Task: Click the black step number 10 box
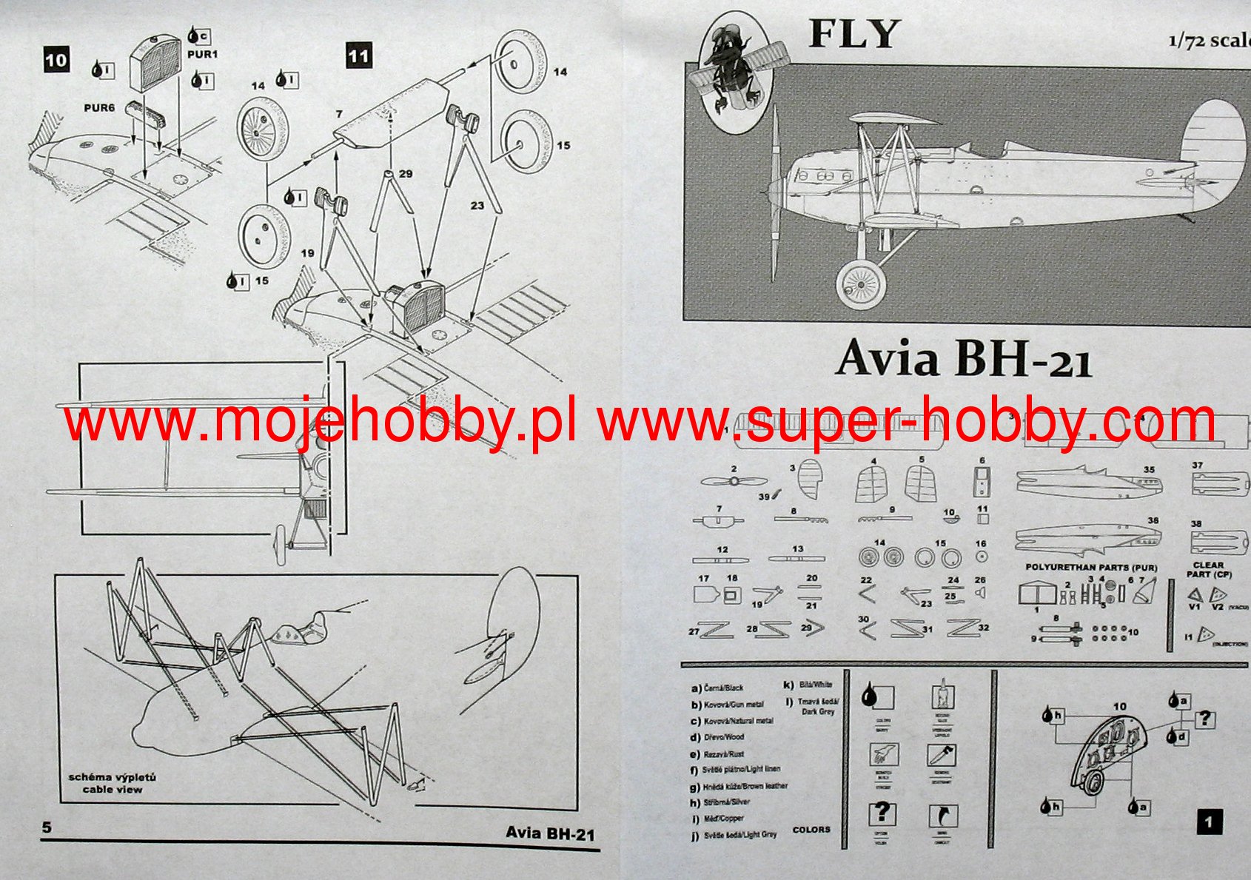pyautogui.click(x=56, y=60)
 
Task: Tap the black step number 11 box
pyautogui.click(x=358, y=56)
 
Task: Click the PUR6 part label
pyautogui.click(x=99, y=108)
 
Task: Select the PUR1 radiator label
pyautogui.click(x=202, y=54)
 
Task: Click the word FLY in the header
pyautogui.click(x=853, y=34)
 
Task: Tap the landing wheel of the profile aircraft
pyautogui.click(x=861, y=284)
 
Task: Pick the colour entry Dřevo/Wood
pyautogui.click(x=717, y=737)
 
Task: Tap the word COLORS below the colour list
pyautogui.click(x=811, y=830)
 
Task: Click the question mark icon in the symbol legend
pyautogui.click(x=881, y=813)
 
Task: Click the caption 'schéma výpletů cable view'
pyautogui.click(x=113, y=783)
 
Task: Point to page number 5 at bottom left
pyautogui.click(x=47, y=827)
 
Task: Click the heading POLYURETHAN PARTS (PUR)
pyautogui.click(x=1090, y=568)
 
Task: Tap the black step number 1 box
pyautogui.click(x=1209, y=822)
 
